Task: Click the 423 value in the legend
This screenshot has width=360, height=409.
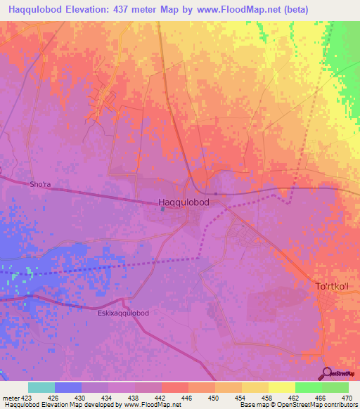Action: (x=22, y=398)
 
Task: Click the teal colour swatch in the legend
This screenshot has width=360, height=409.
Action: (x=41, y=387)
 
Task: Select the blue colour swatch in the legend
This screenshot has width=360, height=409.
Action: (x=68, y=387)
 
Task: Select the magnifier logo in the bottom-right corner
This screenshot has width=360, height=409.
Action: (x=328, y=373)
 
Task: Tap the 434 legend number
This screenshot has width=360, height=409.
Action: (x=108, y=398)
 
